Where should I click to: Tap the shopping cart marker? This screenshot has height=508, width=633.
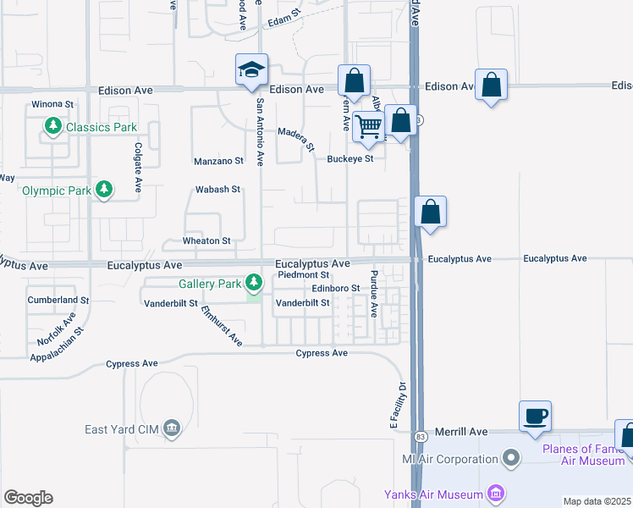click(369, 125)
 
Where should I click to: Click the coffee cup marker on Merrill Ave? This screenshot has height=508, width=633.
click(535, 417)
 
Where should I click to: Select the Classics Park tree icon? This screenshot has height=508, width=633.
click(53, 127)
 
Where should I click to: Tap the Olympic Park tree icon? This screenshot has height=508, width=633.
click(104, 190)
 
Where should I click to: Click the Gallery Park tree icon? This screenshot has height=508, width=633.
click(253, 282)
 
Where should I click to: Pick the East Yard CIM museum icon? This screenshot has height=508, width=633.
click(173, 428)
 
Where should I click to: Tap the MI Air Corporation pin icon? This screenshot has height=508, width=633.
click(510, 460)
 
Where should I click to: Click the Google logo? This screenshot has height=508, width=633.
click(28, 498)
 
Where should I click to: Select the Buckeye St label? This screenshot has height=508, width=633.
click(351, 158)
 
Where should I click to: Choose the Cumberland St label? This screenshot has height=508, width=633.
click(58, 300)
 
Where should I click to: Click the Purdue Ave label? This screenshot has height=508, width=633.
click(373, 294)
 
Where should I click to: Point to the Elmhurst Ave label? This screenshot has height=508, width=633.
click(223, 326)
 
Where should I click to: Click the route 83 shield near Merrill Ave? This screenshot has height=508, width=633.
click(421, 436)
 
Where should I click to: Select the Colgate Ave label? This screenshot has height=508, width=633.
click(137, 168)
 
